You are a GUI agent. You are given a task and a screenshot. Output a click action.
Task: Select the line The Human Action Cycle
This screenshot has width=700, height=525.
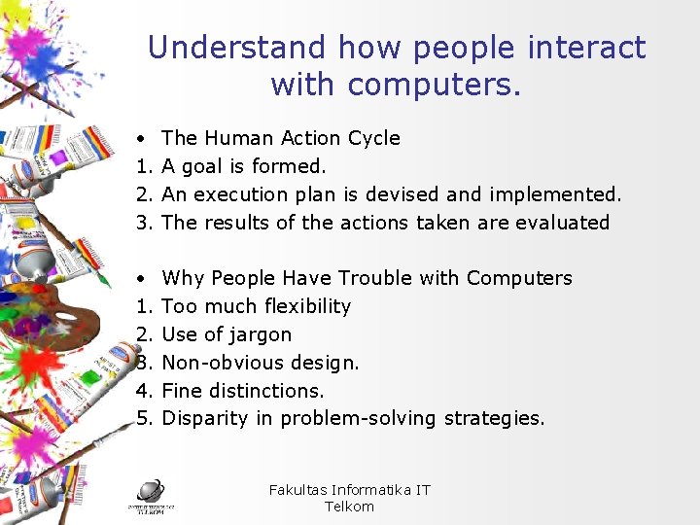point(280,138)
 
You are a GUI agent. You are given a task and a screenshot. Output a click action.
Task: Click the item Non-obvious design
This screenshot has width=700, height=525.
point(260,363)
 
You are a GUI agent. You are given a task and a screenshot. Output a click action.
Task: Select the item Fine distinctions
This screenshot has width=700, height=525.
point(242,391)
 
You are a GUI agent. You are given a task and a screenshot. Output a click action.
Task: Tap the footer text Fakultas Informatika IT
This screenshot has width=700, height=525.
point(349,490)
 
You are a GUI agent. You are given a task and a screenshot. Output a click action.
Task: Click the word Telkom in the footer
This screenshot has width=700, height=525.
point(349,507)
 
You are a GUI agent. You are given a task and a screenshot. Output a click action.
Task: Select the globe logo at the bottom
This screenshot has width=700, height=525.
point(150,491)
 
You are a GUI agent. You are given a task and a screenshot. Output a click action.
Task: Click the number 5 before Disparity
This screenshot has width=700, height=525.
point(142,419)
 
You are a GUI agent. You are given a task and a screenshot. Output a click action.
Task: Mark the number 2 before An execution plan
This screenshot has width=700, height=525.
point(142,194)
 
